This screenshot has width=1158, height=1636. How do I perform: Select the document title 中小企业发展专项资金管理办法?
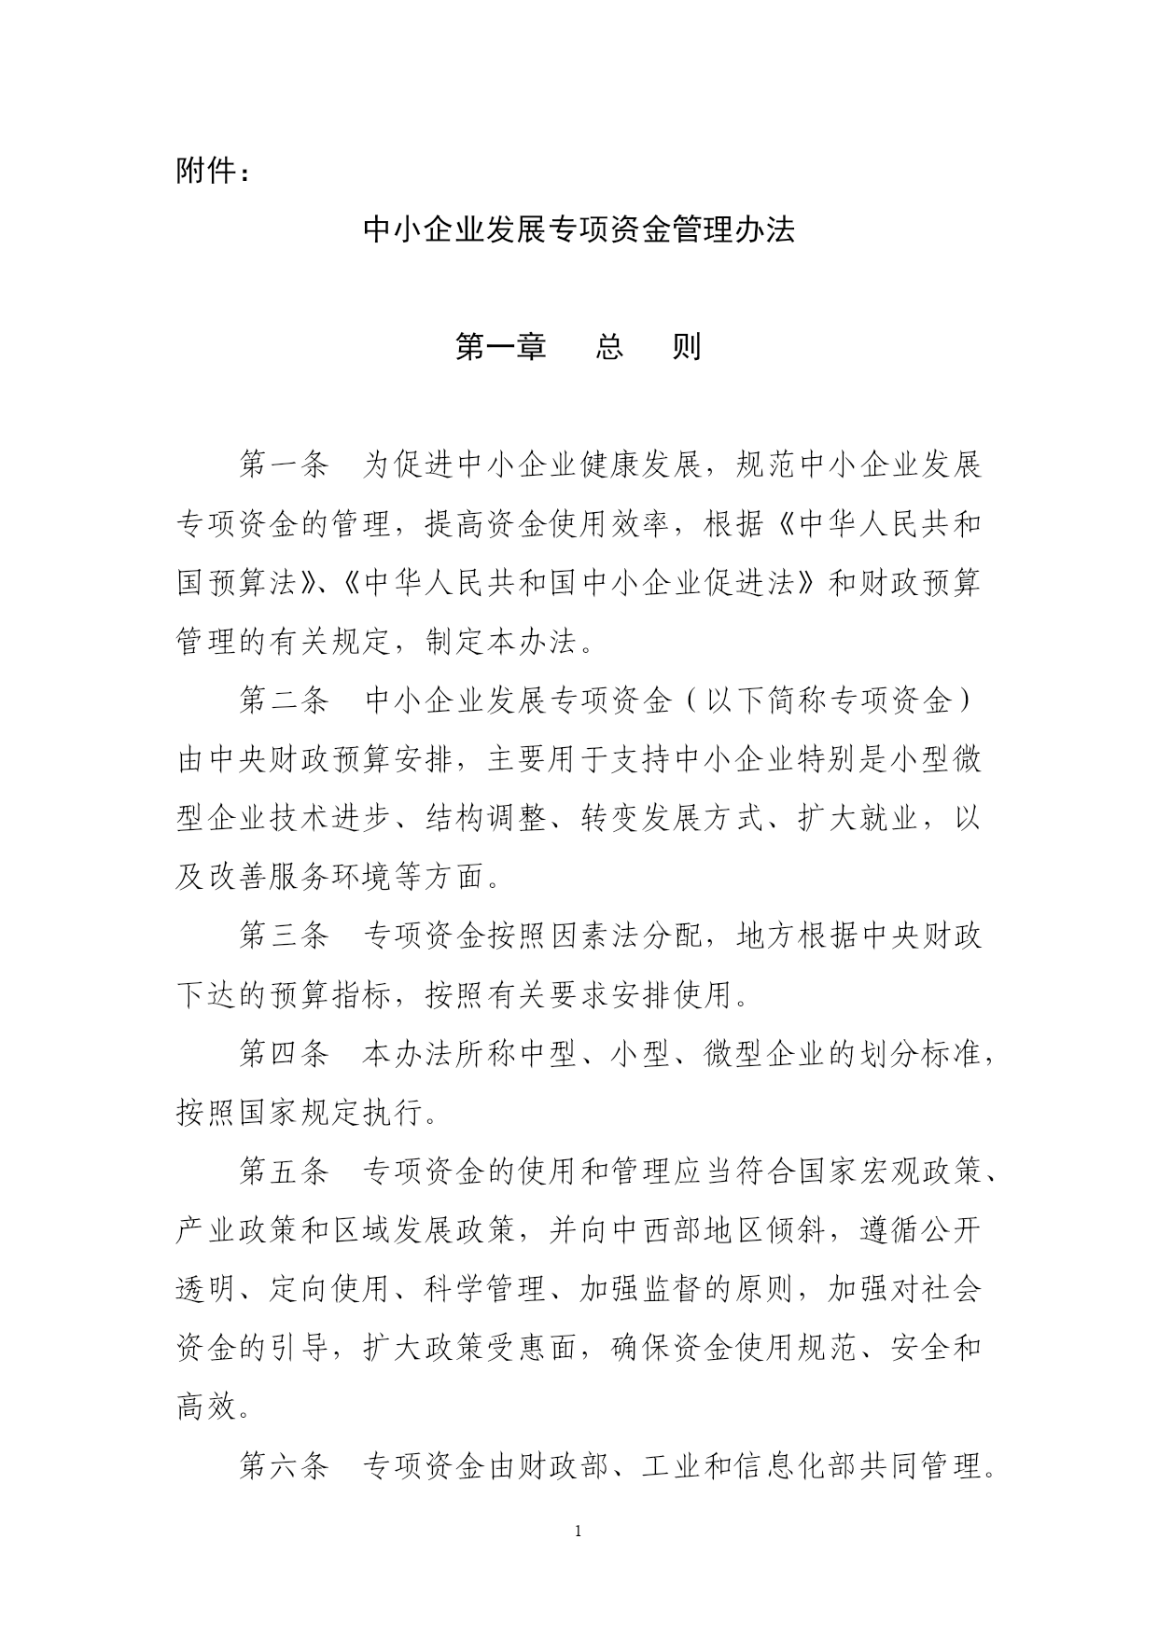coord(579,230)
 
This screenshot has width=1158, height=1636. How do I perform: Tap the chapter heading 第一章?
coord(499,347)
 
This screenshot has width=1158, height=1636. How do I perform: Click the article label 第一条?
coord(284,464)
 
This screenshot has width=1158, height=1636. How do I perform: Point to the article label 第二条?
coord(284,700)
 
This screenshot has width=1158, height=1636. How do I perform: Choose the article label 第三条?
coord(284,936)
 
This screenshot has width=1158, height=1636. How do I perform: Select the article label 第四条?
coord(284,1054)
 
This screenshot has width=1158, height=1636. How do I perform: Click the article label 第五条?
coord(284,1172)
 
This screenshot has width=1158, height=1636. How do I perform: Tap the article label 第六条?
coord(284,1466)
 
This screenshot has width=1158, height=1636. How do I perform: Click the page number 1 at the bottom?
coord(579,1532)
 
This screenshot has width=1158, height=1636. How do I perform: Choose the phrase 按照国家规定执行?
coord(300,1113)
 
